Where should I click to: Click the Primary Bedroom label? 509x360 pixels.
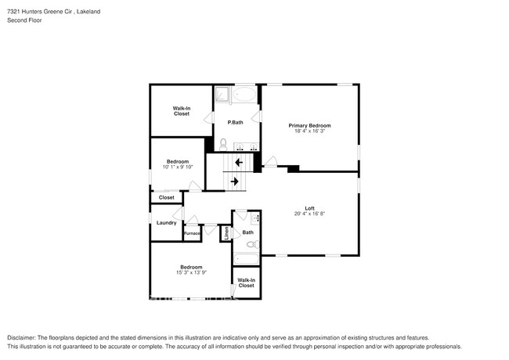click(309, 125)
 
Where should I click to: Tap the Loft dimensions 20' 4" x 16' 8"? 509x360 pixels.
click(309, 214)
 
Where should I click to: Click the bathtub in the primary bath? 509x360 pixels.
click(244, 95)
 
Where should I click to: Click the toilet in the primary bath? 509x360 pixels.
click(223, 144)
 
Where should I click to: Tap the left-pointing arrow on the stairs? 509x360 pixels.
click(236, 163)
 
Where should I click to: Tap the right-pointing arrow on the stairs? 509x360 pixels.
click(234, 182)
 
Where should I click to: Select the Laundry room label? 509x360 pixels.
click(166, 223)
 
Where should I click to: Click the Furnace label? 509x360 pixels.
click(192, 232)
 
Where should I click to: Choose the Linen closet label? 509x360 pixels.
click(226, 232)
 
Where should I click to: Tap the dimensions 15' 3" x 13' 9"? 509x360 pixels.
click(192, 272)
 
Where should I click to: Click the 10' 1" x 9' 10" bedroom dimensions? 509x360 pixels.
click(177, 167)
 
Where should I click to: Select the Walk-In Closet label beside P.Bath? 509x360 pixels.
click(182, 111)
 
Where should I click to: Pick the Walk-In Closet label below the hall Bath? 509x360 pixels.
click(246, 283)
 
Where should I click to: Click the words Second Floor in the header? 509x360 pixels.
click(25, 20)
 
